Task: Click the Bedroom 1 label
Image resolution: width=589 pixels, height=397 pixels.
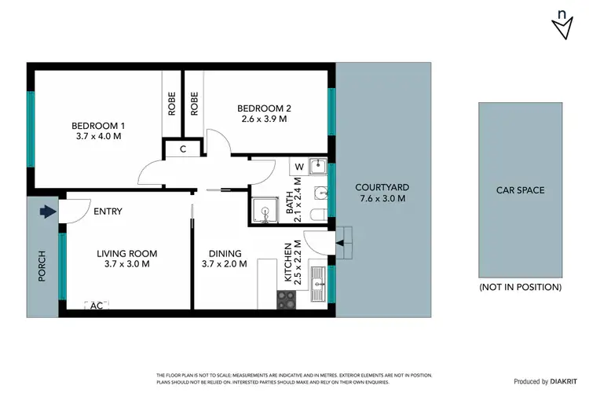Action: coord(98,126)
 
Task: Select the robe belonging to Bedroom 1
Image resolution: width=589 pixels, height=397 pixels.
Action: coord(172,105)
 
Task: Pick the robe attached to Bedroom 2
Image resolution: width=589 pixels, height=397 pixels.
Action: coord(194,105)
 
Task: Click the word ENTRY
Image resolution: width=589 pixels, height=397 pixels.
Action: coord(107,211)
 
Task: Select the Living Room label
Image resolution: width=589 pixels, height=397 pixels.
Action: coord(127,254)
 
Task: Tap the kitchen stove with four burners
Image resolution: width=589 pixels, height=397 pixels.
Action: coord(287,299)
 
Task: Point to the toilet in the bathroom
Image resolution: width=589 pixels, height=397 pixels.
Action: coord(316,214)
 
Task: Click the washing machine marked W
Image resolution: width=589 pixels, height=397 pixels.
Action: coord(299,167)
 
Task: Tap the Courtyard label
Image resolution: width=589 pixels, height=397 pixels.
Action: coord(382,187)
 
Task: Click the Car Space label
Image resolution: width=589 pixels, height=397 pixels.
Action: coord(519,190)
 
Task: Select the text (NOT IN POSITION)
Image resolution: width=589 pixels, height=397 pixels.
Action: coord(520,287)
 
